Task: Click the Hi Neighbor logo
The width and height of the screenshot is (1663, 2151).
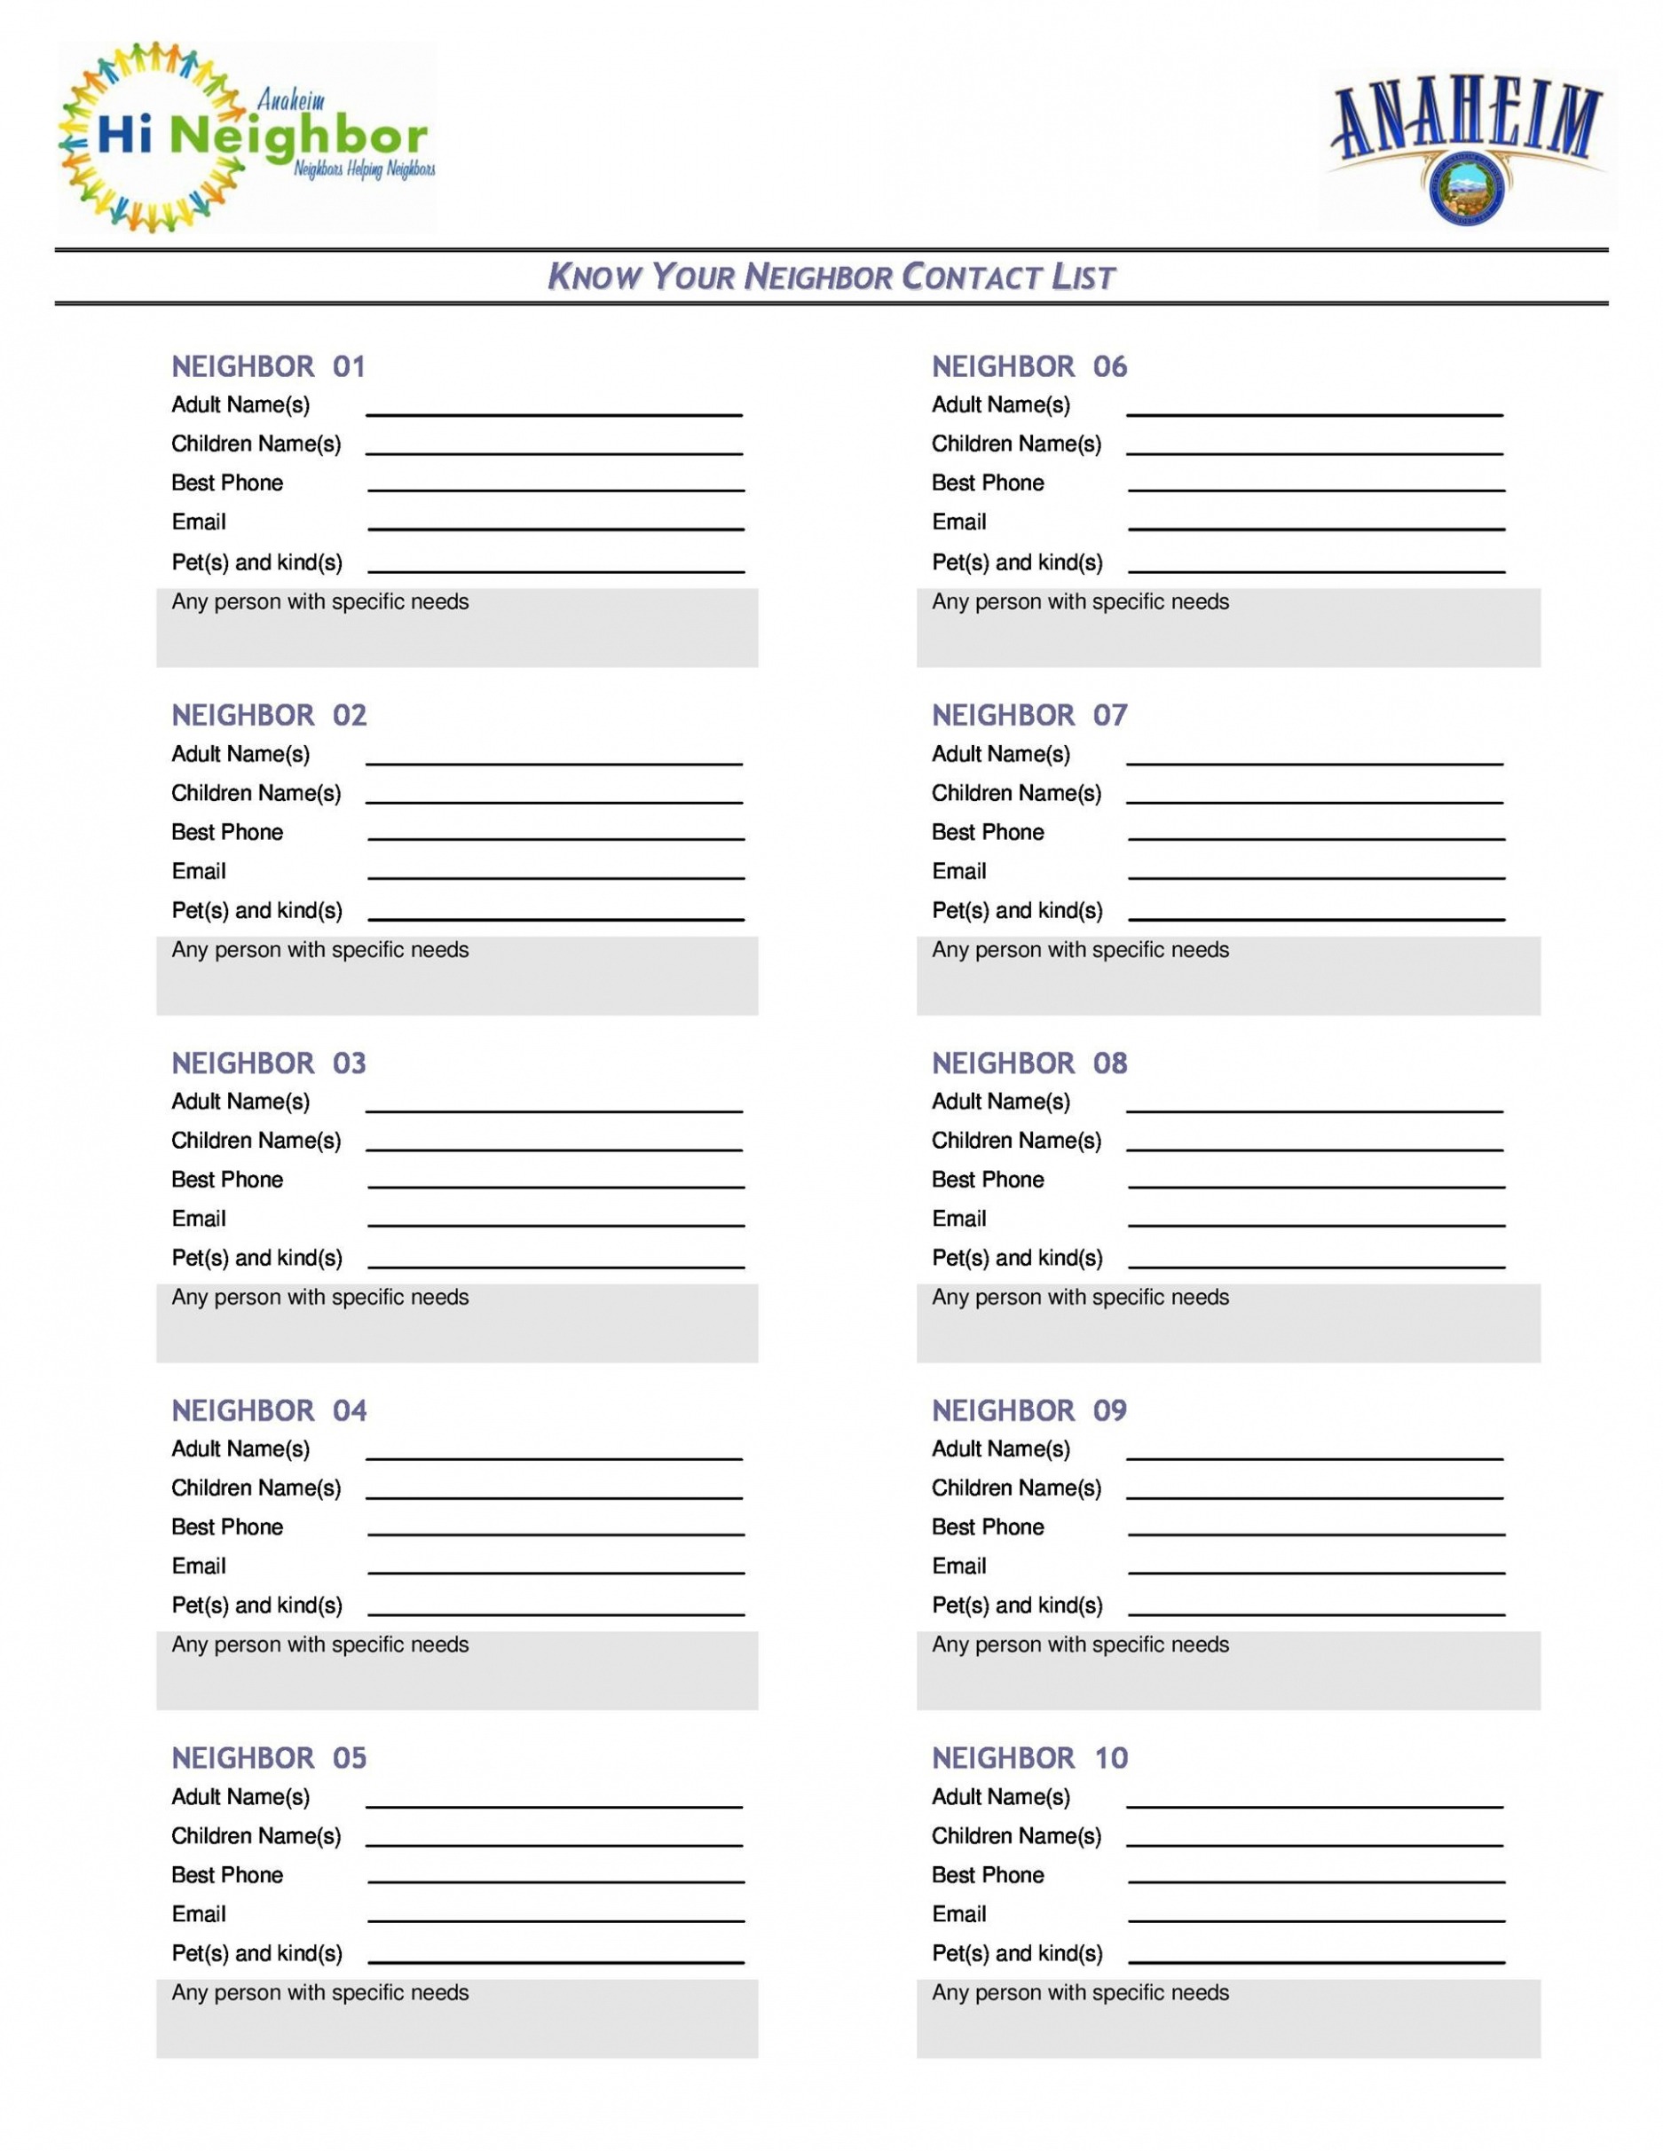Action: pyautogui.click(x=247, y=137)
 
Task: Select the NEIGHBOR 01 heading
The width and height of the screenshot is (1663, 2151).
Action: pyautogui.click(x=268, y=367)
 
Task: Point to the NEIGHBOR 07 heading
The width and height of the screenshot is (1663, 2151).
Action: pyautogui.click(x=1029, y=715)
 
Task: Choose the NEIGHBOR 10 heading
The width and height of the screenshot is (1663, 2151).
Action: pyautogui.click(x=1029, y=1758)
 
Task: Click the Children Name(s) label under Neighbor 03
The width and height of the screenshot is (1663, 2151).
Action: pyautogui.click(x=256, y=1141)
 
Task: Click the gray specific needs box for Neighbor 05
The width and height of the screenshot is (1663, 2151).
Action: pyautogui.click(x=457, y=2019)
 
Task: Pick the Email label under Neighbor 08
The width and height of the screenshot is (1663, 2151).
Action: pyautogui.click(x=958, y=1220)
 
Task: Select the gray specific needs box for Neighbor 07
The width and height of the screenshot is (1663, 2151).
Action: pyautogui.click(x=1227, y=975)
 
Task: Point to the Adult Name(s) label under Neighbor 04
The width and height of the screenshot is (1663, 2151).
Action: pyautogui.click(x=240, y=1448)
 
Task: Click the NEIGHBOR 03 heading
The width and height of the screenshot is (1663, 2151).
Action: pyautogui.click(x=268, y=1064)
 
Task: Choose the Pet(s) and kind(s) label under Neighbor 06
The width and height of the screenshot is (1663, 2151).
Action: pyautogui.click(x=1017, y=562)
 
